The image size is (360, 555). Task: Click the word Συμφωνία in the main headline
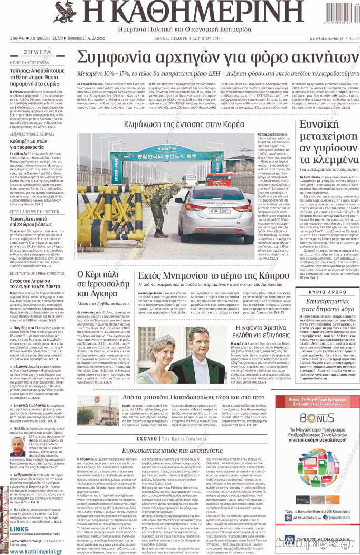coord(112,57)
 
